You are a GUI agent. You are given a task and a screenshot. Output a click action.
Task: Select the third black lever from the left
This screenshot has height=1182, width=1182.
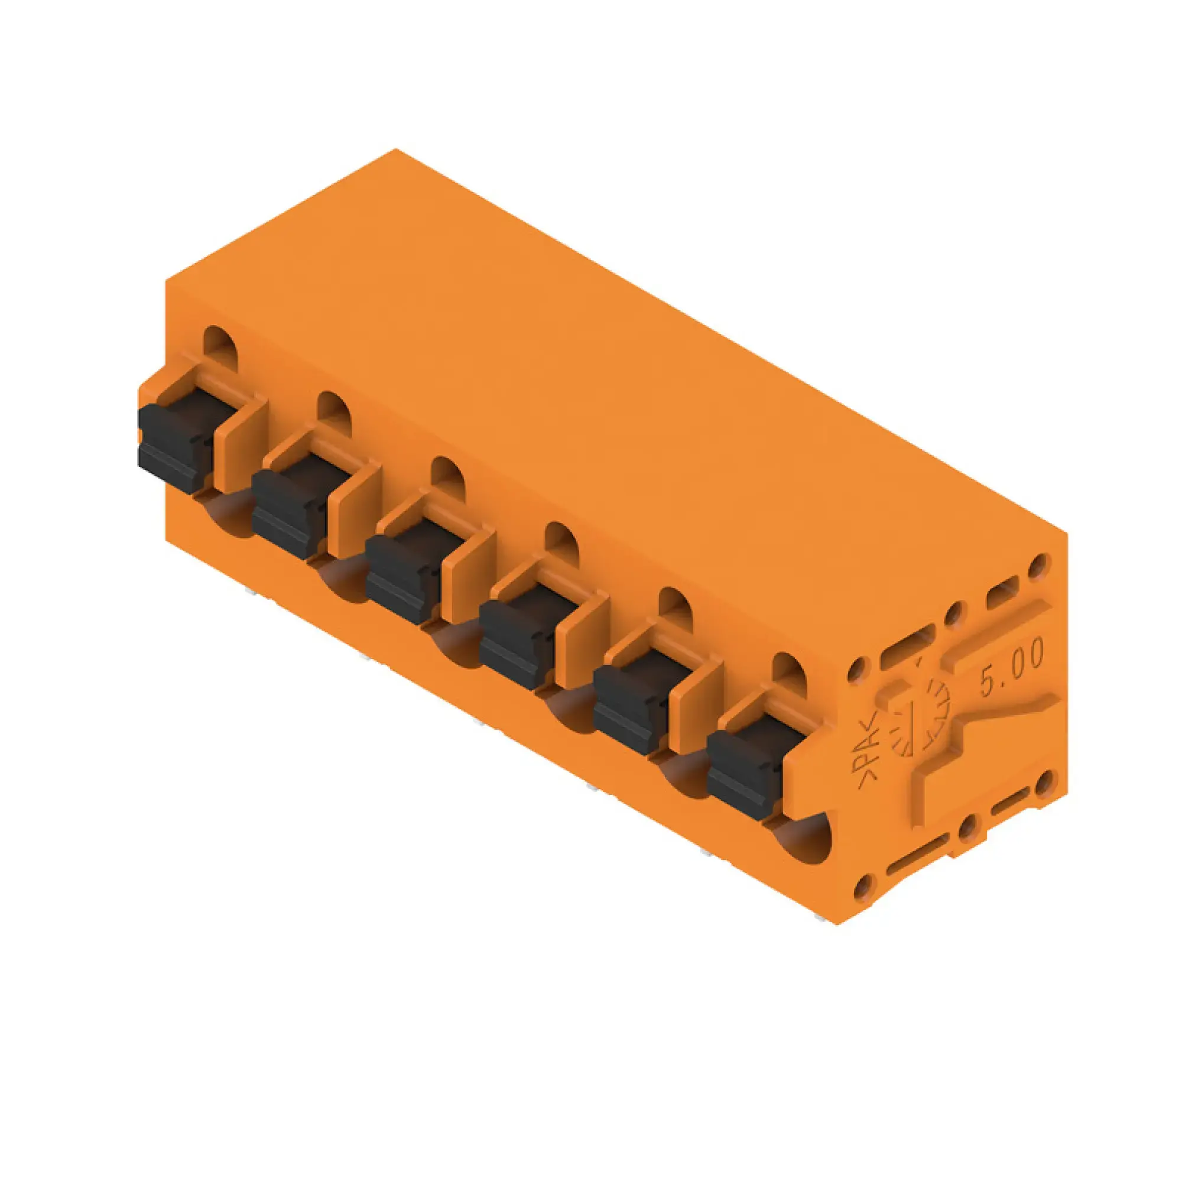click(x=401, y=576)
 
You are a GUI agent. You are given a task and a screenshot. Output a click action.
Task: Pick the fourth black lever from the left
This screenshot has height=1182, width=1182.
click(x=515, y=642)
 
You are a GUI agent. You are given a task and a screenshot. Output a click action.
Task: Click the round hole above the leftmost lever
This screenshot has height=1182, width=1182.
click(x=220, y=346)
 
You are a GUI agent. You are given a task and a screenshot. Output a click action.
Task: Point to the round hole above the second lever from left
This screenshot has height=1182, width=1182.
click(x=334, y=411)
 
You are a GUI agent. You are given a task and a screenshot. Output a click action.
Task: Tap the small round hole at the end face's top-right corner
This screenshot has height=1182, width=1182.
click(x=1038, y=566)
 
